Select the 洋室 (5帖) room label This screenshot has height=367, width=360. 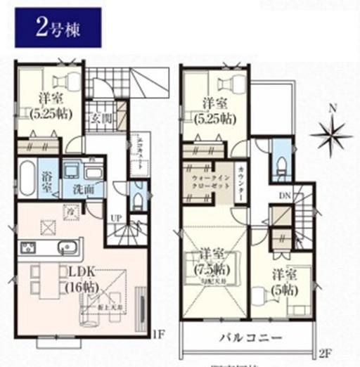283,281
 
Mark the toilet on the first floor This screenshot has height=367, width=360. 137,198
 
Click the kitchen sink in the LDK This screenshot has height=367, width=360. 67,249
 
